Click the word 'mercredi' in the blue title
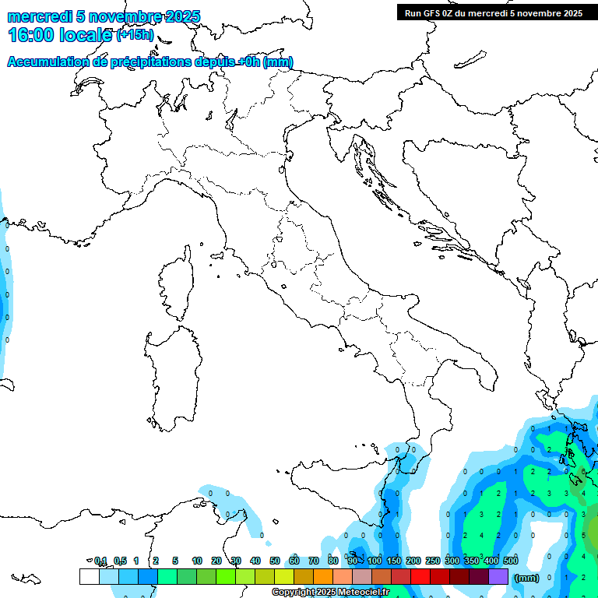38,16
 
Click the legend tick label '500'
511,561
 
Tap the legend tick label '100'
375,561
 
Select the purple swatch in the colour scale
498,576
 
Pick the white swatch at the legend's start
90,576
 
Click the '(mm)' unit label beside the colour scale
527,578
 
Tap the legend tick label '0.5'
120,561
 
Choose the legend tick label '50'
275,561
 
